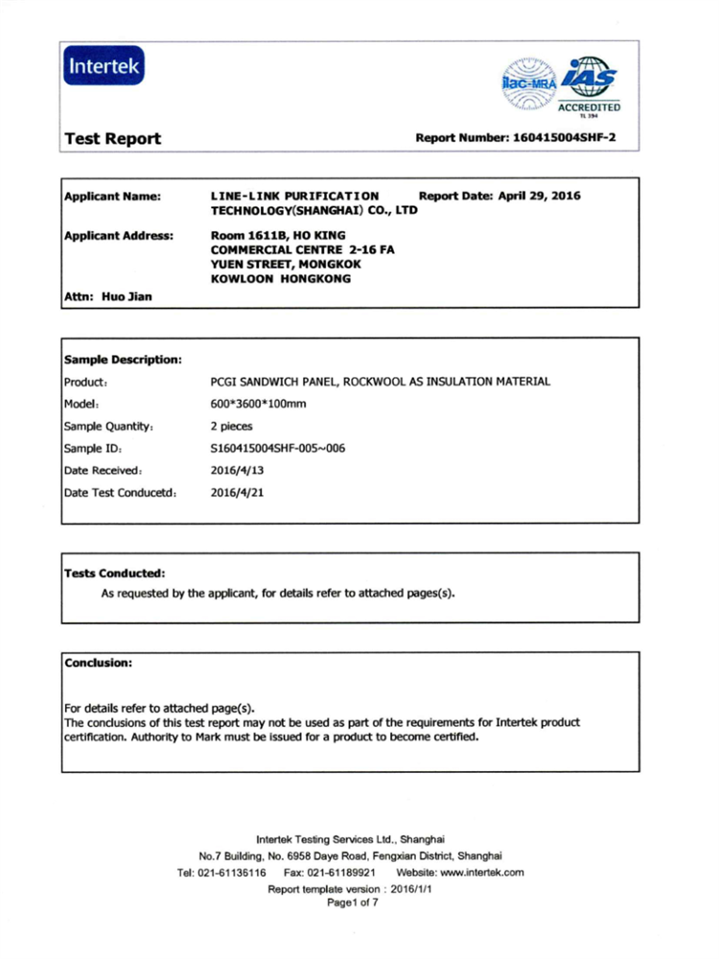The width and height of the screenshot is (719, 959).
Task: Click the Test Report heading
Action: click(x=112, y=139)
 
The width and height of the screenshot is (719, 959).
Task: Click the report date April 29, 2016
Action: click(x=536, y=196)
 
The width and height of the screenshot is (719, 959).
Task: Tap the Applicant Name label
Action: click(x=111, y=197)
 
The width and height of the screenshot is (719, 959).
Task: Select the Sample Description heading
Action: click(x=123, y=360)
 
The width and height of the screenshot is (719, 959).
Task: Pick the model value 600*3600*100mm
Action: click(x=258, y=404)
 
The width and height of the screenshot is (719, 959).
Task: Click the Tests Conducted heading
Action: click(x=115, y=573)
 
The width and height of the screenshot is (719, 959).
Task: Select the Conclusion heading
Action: click(x=98, y=662)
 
